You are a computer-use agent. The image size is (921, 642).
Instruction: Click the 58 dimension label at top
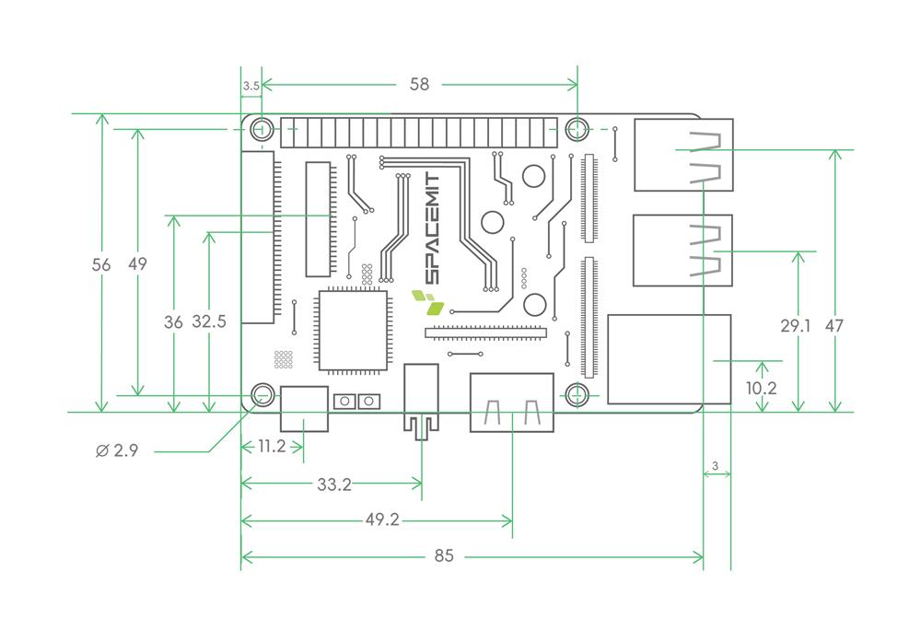(x=419, y=85)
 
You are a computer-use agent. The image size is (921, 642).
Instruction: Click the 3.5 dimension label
(x=251, y=86)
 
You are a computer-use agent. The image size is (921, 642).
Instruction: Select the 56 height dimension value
(x=101, y=264)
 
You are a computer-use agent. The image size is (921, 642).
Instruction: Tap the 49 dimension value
(x=137, y=264)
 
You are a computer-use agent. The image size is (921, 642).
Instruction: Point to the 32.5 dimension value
(x=210, y=321)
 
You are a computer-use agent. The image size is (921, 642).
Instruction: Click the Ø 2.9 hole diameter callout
(x=117, y=451)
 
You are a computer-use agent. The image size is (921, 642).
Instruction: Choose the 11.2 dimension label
(x=272, y=446)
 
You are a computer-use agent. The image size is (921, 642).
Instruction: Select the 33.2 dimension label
(x=333, y=484)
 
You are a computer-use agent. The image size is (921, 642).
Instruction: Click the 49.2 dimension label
(x=381, y=520)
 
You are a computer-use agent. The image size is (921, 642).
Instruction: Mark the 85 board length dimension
(x=444, y=556)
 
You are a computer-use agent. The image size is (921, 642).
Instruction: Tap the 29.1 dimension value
(x=797, y=325)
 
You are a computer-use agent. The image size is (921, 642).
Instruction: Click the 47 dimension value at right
(x=834, y=325)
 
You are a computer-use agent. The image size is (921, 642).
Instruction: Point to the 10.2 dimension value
(x=761, y=388)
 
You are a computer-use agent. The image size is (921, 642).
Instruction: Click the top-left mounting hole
(x=262, y=128)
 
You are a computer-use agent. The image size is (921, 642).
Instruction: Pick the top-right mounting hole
(x=577, y=128)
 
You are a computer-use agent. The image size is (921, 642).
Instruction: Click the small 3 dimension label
(x=716, y=466)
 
